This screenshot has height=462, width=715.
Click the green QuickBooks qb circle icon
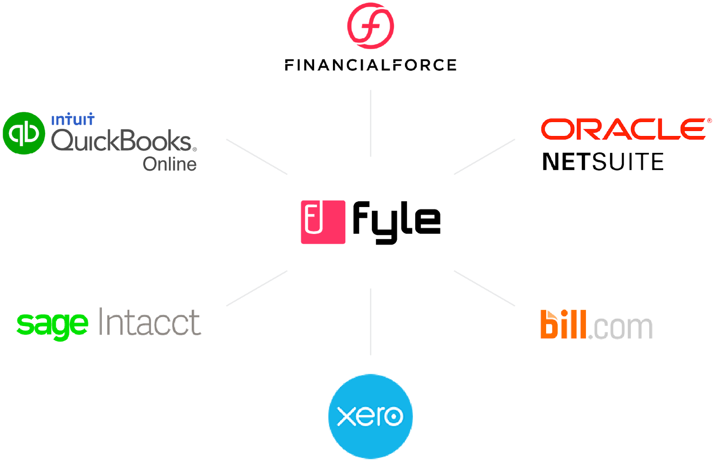tap(24, 133)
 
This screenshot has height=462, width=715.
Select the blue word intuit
tap(72, 119)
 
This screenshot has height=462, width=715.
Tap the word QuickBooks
tap(123, 141)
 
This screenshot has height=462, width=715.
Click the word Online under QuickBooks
tap(169, 164)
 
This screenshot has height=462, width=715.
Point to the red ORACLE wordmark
tap(624, 129)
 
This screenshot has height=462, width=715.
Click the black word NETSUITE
tap(602, 161)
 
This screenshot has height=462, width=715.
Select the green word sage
tap(52, 324)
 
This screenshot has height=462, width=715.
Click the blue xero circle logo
tap(370, 416)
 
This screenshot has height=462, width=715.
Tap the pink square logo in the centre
tap(323, 222)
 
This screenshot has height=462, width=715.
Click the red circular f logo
tap(370, 25)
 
